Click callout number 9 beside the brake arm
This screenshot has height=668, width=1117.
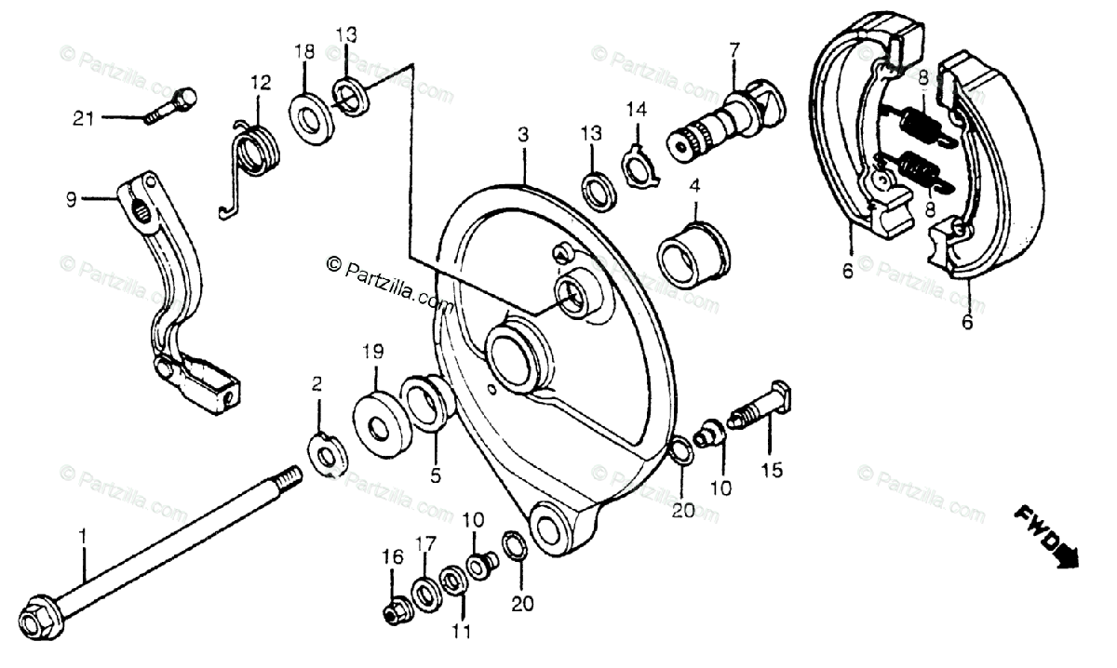point(70,198)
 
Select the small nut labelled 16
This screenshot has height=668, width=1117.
point(394,612)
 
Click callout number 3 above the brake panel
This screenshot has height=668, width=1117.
point(523,135)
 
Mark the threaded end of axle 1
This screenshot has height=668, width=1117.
point(289,478)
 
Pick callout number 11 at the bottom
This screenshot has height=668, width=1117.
point(463,633)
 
